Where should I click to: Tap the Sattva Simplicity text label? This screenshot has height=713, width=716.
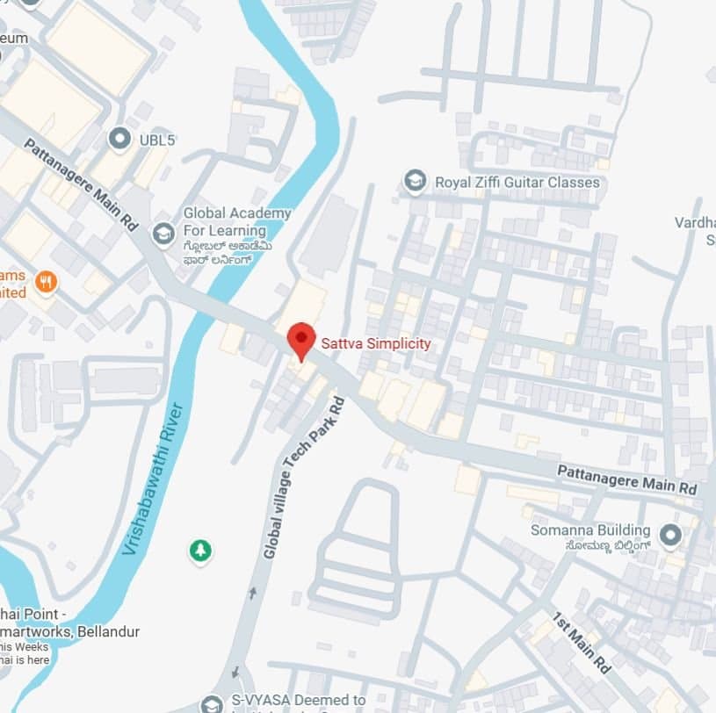click(376, 343)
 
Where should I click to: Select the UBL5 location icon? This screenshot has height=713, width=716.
click(119, 139)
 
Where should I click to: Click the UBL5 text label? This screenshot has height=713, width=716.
click(157, 140)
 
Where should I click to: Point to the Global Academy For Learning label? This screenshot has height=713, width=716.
click(236, 222)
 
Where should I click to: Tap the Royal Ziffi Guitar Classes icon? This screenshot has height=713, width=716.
click(415, 182)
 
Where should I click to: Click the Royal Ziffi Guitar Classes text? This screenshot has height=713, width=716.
click(517, 183)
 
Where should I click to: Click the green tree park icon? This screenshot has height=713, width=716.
click(201, 551)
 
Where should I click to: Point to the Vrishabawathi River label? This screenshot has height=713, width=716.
click(153, 478)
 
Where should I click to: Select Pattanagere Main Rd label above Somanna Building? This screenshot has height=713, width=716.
click(627, 479)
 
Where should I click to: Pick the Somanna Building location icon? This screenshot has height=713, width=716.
click(670, 534)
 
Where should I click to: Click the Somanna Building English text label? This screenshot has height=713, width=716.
click(590, 530)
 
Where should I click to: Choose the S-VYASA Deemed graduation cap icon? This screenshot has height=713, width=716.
click(211, 704)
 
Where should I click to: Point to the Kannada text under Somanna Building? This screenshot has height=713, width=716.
click(602, 546)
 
